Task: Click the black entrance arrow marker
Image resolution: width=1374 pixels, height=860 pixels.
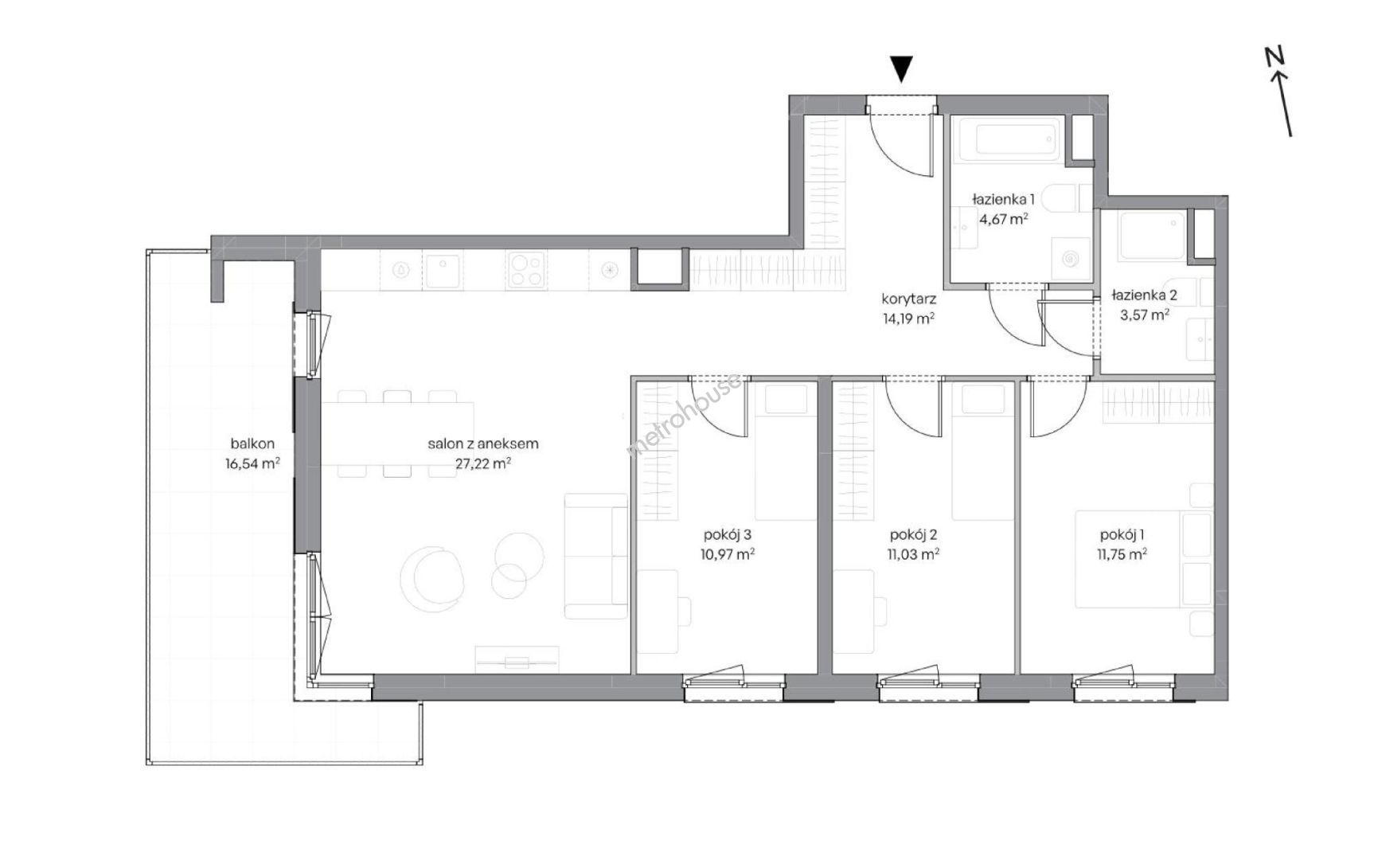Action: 901,69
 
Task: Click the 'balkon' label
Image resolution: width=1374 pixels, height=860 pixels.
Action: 252,444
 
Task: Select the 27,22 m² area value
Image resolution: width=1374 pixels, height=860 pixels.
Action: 483,463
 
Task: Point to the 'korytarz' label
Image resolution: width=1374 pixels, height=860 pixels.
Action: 908,299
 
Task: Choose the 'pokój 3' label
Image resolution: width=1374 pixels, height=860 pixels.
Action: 728,535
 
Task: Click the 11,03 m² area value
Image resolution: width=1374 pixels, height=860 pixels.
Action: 912,554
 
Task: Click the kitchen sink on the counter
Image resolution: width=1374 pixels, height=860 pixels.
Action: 444,271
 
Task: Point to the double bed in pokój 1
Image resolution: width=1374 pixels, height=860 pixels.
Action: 1145,559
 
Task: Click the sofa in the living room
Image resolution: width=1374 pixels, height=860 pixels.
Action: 595,556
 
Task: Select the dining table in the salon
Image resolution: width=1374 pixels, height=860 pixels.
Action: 398,434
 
